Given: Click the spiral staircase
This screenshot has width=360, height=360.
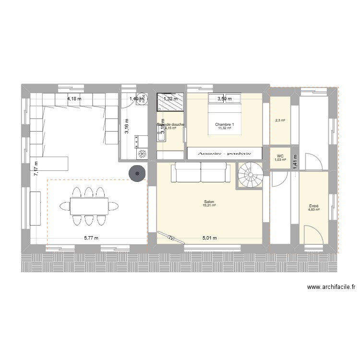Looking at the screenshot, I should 250,175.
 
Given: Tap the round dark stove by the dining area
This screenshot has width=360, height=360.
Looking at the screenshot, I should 137,174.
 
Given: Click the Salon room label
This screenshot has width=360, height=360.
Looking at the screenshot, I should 209,202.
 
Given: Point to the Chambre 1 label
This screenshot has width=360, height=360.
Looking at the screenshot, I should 224,124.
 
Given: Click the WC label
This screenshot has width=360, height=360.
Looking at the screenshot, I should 280,156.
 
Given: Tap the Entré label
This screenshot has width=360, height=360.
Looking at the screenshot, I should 314,206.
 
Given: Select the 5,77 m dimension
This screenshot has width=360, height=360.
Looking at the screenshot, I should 91,238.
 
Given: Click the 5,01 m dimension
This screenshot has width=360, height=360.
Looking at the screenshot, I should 209,238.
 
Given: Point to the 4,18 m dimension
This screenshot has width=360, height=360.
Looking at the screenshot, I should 74,99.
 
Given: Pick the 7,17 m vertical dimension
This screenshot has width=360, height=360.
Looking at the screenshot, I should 36,168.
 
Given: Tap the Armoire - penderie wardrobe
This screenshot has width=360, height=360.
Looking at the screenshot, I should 225,153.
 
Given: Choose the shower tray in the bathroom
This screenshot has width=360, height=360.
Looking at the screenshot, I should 169,102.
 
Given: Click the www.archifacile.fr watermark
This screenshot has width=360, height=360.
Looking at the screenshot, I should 331,288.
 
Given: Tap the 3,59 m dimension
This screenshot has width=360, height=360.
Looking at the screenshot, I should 225,99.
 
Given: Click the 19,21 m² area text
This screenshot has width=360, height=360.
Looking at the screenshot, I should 209,205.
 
